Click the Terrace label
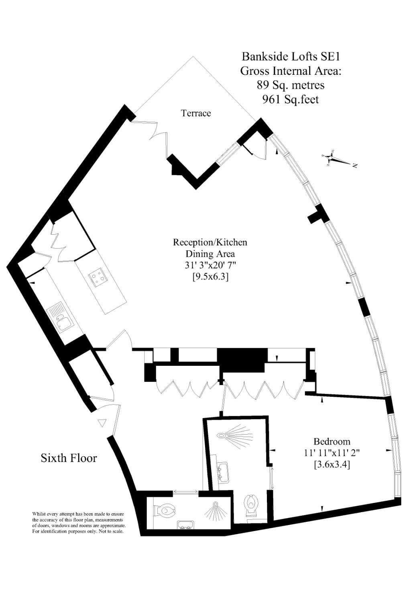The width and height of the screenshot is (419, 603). pos(196,113)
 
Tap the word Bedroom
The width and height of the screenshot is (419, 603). pos(332,441)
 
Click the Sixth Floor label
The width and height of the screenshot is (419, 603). pos(69,458)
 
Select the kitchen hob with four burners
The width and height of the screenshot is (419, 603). pos(97,277)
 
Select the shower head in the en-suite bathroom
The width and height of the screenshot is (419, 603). pos(222,435)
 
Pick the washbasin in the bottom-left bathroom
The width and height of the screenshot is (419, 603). pos(185,524)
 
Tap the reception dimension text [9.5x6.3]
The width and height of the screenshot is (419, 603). pos(210,277)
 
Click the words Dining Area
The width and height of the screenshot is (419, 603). pos(210,254)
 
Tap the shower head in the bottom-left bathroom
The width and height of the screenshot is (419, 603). pos(216,504)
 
